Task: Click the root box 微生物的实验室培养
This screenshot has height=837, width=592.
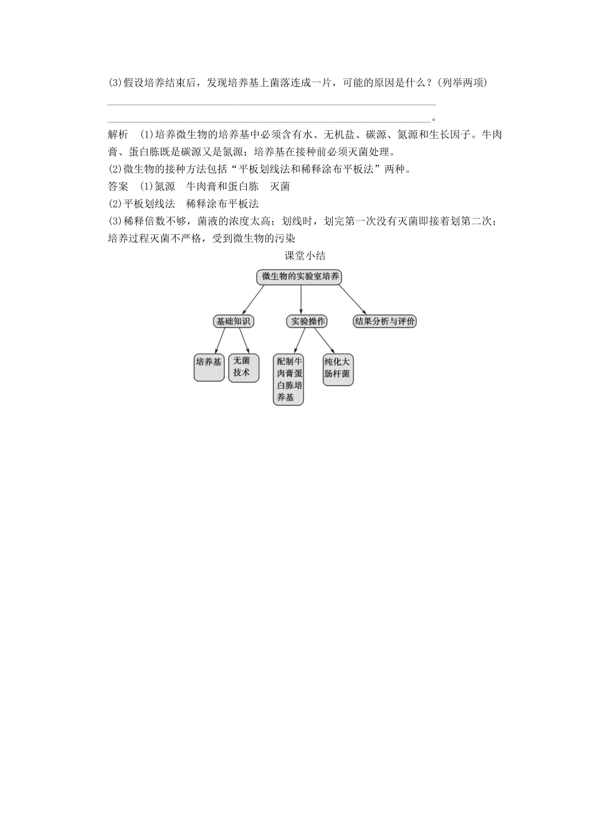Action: pos(299,277)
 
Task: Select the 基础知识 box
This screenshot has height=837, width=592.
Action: pos(233,321)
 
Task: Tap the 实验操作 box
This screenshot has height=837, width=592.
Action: pos(307,321)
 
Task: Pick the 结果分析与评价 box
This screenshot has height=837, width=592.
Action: pos(384,321)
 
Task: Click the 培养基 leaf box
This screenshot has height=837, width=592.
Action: pos(209,367)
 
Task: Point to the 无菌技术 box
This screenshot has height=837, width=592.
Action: pos(243,367)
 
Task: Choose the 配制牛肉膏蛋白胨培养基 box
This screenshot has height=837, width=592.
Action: pos(289,380)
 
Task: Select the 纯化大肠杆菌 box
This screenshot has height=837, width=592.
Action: pos(338,369)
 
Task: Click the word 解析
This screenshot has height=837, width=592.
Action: pos(118,135)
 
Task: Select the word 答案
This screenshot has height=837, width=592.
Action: pos(118,186)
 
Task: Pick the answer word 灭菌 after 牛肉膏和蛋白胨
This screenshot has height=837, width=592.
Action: pos(280,186)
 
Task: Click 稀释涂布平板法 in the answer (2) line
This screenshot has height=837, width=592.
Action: pos(222,204)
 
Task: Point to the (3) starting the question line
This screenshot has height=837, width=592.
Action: pos(115,83)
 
